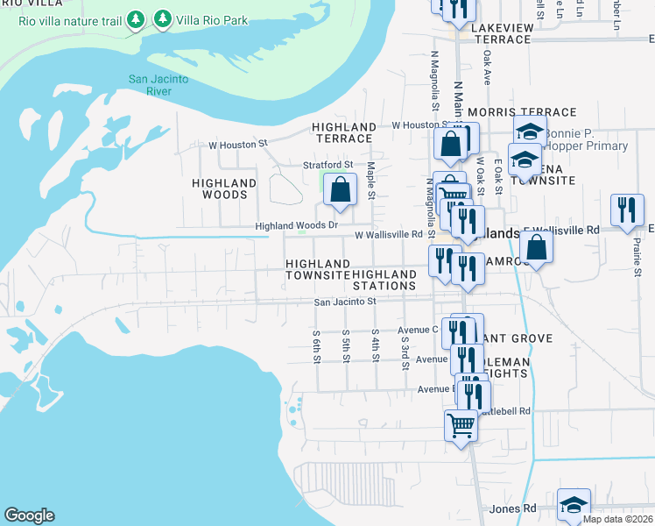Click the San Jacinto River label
158,84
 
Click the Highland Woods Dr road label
296,225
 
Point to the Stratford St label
327,164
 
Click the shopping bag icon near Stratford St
340,188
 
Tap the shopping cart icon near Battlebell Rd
461,425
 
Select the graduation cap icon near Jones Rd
573,505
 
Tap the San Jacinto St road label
345,302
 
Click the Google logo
29,515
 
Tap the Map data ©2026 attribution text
617,520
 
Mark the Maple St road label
371,180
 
